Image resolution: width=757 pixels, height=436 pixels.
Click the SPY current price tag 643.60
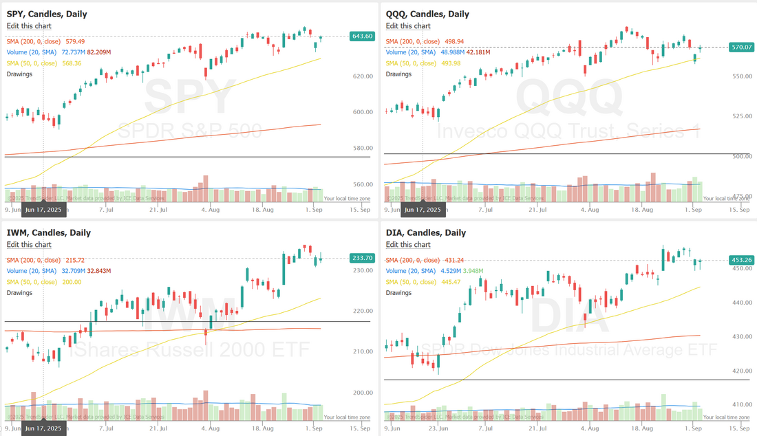[362, 36]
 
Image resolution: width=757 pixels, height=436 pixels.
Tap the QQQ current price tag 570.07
[741, 47]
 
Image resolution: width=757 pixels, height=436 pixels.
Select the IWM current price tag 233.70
[362, 258]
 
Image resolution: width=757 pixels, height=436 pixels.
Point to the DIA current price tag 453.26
[741, 260]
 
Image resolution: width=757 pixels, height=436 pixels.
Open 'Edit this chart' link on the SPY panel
[29, 25]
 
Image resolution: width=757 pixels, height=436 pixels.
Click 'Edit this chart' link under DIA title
[408, 244]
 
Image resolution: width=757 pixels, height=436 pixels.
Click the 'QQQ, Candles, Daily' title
[427, 14]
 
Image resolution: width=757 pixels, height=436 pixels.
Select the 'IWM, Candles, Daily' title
[48, 232]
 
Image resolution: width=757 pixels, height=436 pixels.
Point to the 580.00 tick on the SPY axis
[363, 148]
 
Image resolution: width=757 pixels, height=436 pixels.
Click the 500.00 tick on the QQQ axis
[741, 156]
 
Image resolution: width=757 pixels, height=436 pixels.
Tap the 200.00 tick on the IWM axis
[363, 393]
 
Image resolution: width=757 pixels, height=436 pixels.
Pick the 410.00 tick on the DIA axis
[741, 404]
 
